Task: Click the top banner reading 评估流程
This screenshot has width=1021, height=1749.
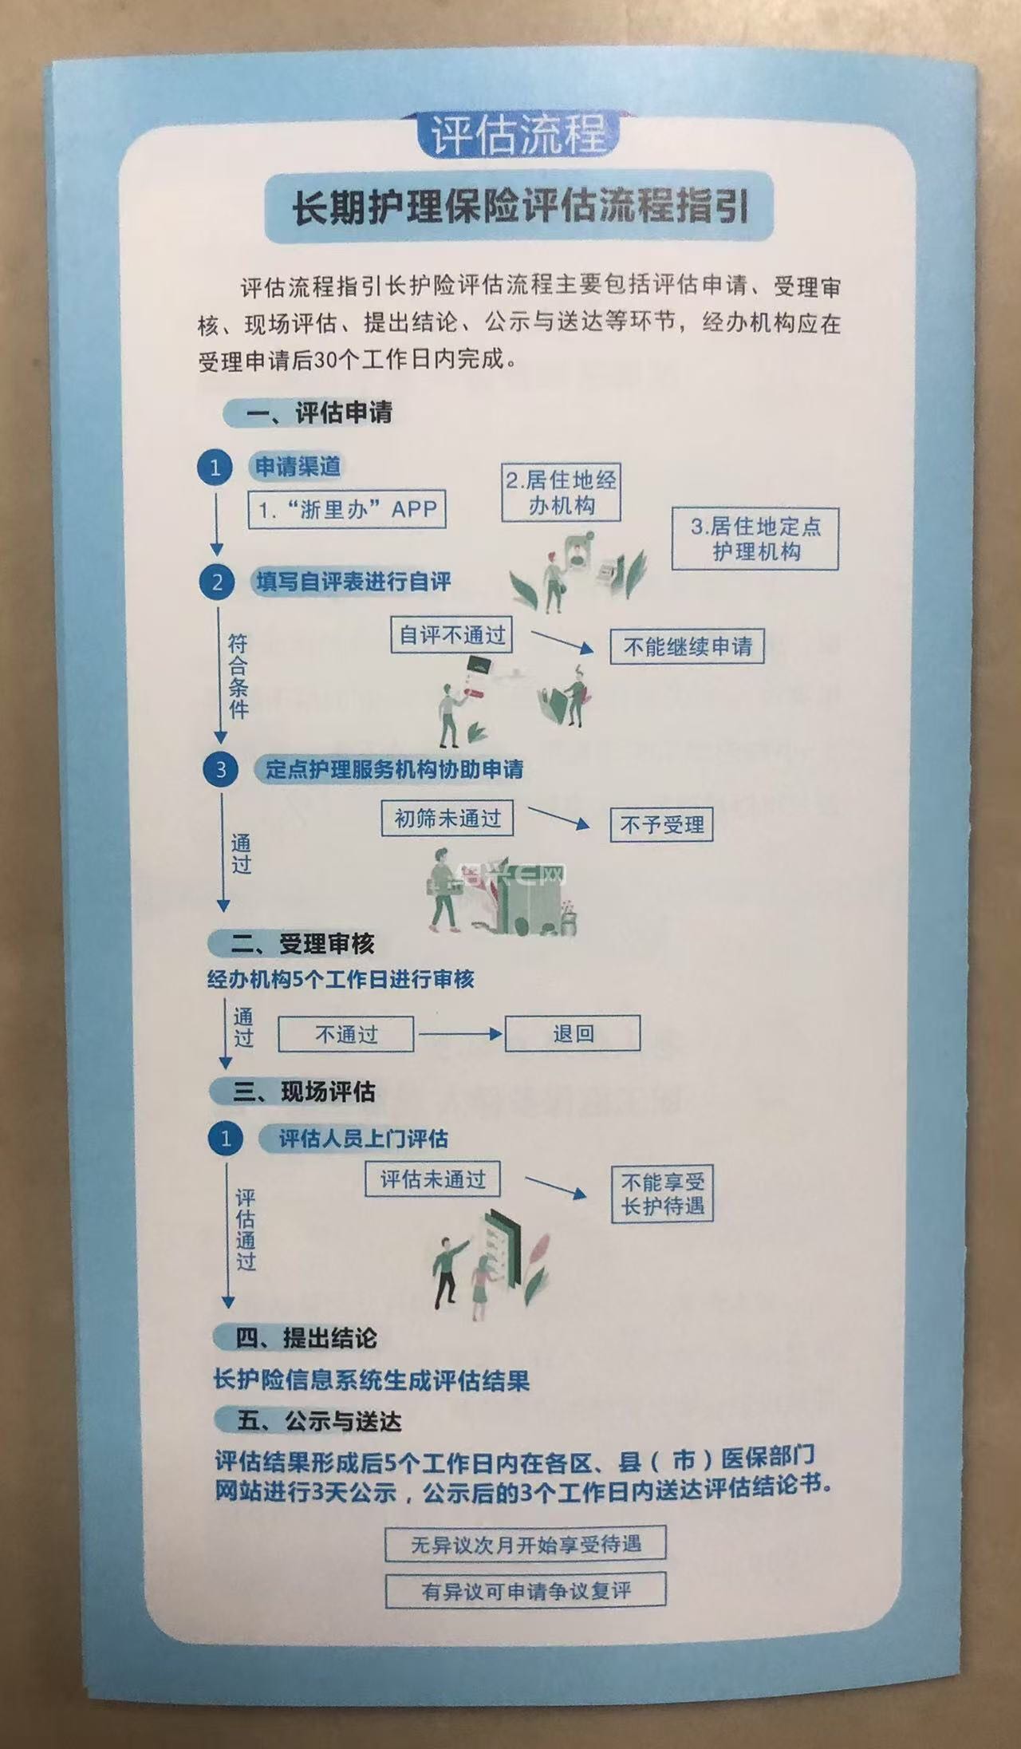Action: (518, 133)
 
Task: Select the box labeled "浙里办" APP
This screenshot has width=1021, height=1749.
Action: (347, 509)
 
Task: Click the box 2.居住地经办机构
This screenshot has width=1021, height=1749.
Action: (561, 492)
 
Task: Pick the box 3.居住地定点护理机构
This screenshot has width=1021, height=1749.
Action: (755, 539)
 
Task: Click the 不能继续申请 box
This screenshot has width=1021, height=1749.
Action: (687, 646)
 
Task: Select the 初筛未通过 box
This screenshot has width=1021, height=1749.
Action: (447, 819)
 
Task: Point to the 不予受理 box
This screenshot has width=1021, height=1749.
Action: (662, 824)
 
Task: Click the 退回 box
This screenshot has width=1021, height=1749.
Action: (573, 1033)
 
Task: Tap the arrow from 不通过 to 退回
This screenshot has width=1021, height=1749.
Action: (459, 1034)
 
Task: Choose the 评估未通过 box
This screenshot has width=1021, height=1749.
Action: (432, 1179)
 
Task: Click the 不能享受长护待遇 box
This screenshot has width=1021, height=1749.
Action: (662, 1194)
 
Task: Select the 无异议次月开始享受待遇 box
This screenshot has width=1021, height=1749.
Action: (526, 1544)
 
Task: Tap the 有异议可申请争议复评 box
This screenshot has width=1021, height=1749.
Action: (526, 1590)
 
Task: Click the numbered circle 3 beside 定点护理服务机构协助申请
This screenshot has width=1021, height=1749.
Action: (221, 769)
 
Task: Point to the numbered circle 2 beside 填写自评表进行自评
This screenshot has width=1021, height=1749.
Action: (217, 582)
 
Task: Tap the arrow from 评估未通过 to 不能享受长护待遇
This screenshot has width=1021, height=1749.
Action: (556, 1186)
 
